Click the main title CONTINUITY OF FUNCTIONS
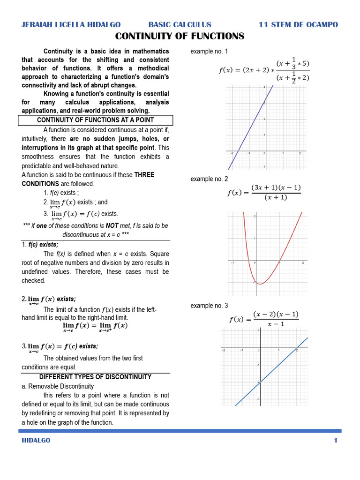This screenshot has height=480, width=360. (x=180, y=36)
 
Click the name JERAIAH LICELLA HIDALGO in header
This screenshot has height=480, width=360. (x=71, y=24)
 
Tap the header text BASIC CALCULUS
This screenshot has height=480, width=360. (x=180, y=24)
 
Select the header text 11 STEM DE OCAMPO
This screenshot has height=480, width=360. (x=298, y=24)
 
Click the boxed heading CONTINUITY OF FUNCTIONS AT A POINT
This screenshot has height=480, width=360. (x=96, y=120)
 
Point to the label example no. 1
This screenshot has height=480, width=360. (x=209, y=51)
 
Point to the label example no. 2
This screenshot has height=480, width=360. (x=209, y=179)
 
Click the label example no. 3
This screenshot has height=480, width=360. (x=209, y=306)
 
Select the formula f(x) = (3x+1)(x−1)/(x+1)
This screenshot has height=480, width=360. (x=263, y=193)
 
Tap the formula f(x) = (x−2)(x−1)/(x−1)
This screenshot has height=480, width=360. (x=263, y=319)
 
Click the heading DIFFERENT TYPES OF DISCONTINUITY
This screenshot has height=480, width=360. (x=95, y=377)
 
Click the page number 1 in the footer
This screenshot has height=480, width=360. (x=336, y=440)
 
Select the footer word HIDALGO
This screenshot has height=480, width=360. (x=36, y=440)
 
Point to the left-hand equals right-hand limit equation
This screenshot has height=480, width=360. (x=95, y=326)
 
